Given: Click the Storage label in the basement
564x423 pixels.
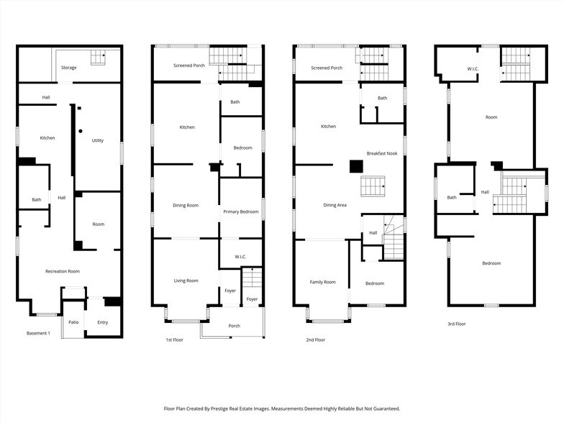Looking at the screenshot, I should coord(69,68).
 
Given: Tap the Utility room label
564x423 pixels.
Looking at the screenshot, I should coord(97,140).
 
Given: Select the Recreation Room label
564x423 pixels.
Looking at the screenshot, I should coord(63,271).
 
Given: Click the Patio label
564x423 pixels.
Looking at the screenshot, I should coord(73,322).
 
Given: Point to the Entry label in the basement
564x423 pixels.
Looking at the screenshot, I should coord(103,322).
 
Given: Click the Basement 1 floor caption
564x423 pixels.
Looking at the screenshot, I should coord(38,334).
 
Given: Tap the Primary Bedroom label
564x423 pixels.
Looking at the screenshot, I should coord(240,211).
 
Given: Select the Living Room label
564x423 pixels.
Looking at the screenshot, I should coord(186,281).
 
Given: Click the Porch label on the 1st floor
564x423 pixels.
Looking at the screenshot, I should coord(234,326).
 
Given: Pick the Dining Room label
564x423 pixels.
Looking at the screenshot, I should coord(186,206).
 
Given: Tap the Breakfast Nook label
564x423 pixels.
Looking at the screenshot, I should coord(382,153).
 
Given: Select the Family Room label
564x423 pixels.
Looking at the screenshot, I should coord(322,282).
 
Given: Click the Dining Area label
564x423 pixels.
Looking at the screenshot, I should coord(335,205).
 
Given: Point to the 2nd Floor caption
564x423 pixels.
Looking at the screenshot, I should coord(315,340).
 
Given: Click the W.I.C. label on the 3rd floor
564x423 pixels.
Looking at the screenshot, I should coord(473,69).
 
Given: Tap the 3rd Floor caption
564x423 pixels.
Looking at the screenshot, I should coord(456,324).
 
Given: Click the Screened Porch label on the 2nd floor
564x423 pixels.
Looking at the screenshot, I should coord(326,68).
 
